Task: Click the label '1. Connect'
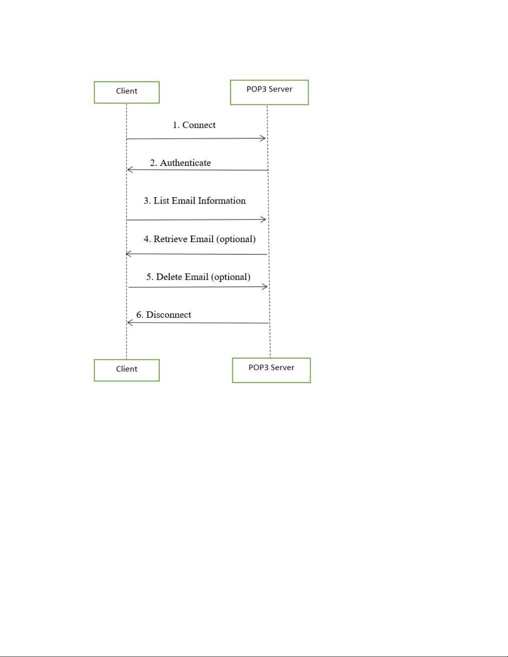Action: (194, 125)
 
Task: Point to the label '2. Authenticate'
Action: (180, 162)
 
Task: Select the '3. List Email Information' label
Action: (194, 201)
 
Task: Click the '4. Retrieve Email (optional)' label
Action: (199, 239)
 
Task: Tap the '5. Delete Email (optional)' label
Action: (198, 276)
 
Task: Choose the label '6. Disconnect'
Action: (163, 315)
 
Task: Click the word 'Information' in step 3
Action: (221, 201)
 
